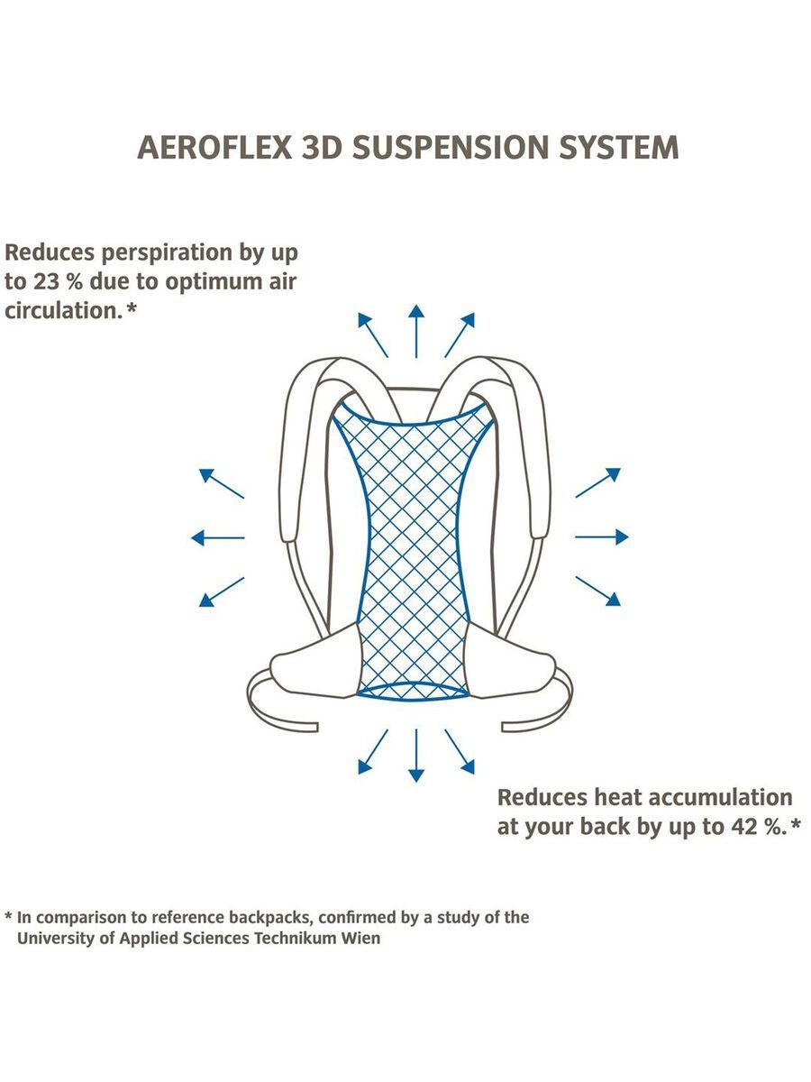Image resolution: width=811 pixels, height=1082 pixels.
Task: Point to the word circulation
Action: (60, 311)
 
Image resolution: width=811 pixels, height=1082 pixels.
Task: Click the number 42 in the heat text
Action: (743, 827)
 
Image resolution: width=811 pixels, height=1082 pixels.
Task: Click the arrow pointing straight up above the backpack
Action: (415, 330)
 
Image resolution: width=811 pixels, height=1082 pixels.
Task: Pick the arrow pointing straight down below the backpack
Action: (415, 755)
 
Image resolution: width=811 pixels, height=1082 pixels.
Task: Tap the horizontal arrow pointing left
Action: (217, 537)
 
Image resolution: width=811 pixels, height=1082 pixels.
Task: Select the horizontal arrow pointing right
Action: (602, 537)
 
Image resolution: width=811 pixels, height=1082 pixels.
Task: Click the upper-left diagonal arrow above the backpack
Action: (372, 335)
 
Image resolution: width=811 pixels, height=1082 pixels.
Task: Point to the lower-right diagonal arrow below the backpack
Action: (460, 752)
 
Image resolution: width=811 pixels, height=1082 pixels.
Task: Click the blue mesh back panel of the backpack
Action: (414, 550)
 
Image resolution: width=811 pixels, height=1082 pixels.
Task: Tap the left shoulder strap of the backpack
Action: (302, 451)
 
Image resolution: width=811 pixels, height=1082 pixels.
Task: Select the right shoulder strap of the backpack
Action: (527, 451)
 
